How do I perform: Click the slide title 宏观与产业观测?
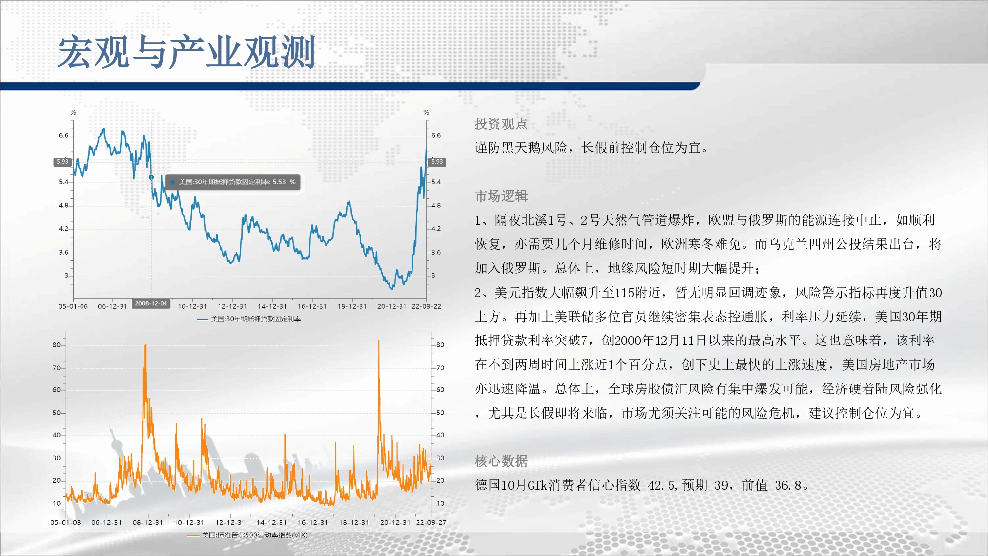click(187, 52)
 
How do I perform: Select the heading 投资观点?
click(501, 124)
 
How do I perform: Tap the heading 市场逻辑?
click(501, 196)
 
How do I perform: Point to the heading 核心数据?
click(501, 461)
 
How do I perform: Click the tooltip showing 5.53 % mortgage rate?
click(233, 182)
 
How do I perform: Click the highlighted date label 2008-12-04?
click(151, 304)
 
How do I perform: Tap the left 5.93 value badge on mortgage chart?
click(62, 162)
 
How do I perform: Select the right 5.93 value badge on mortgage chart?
click(437, 162)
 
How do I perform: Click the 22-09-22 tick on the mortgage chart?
click(426, 306)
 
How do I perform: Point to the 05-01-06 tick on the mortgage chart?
click(73, 306)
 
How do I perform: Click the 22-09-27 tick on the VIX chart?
click(431, 522)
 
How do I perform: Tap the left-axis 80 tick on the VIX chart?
click(57, 345)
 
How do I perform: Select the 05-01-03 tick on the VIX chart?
click(66, 522)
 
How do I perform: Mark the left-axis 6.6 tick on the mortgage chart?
click(63, 135)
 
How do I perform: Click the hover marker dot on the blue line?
click(151, 177)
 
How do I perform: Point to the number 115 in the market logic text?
click(610, 293)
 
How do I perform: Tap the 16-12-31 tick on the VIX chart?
click(313, 522)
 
